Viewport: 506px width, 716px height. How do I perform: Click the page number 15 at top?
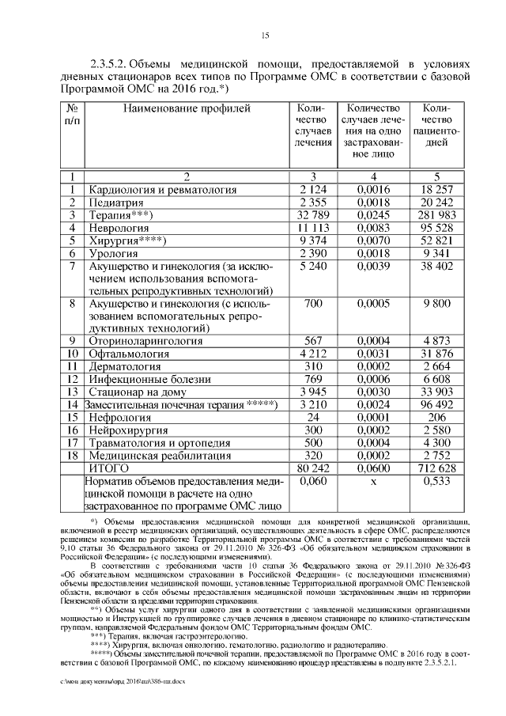pos(266,34)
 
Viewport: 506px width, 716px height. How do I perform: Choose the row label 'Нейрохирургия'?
pos(129,429)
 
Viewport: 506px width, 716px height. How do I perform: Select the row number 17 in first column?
pos(72,442)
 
